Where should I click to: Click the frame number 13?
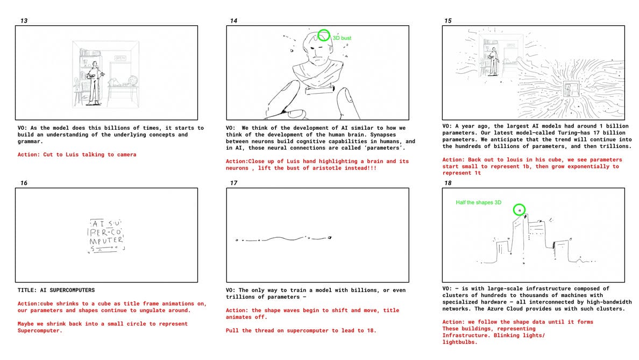point(24,21)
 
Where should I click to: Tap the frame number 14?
point(233,21)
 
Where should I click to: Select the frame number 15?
point(448,21)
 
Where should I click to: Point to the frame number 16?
point(24,183)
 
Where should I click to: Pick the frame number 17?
point(233,183)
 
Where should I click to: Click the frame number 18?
point(448,183)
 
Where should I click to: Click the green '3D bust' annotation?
point(342,38)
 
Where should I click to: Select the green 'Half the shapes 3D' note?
point(478,202)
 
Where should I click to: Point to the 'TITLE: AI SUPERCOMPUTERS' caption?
point(56,290)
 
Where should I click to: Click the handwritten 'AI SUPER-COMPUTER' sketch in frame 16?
point(106,236)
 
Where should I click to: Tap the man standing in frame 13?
point(95,83)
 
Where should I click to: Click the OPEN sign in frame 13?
point(120,58)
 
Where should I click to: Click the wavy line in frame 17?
point(283,238)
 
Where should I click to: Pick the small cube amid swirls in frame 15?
point(571,88)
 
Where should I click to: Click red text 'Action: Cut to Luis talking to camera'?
point(77,154)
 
